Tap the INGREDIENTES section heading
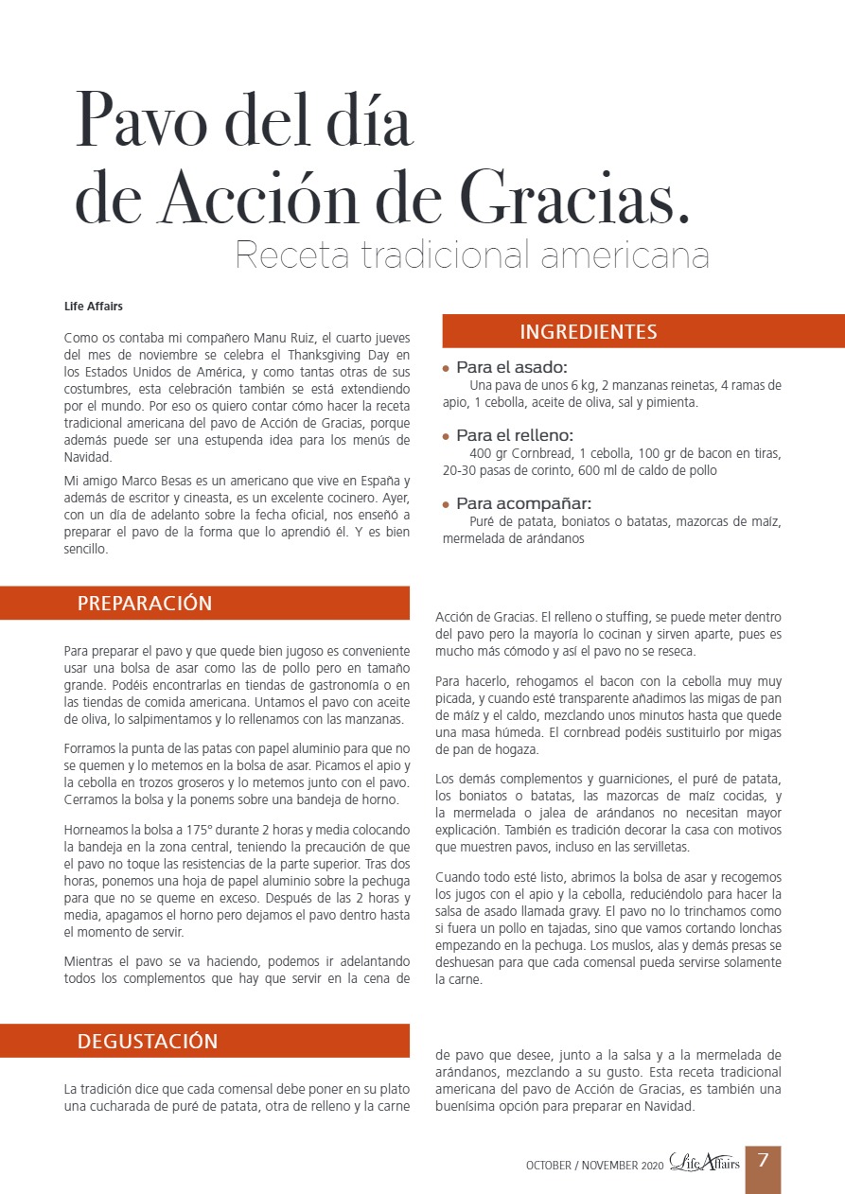pos(588,332)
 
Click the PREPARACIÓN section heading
pos(145,604)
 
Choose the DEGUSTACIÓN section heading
pos(148,1042)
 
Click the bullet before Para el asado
pos(447,368)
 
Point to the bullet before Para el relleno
pos(447,436)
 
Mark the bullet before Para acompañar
pos(447,504)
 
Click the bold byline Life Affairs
pos(93,307)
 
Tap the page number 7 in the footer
pos(762,1160)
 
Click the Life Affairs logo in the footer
pos(704,1163)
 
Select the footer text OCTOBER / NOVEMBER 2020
pos(594,1166)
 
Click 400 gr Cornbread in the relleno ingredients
pos(518,453)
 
